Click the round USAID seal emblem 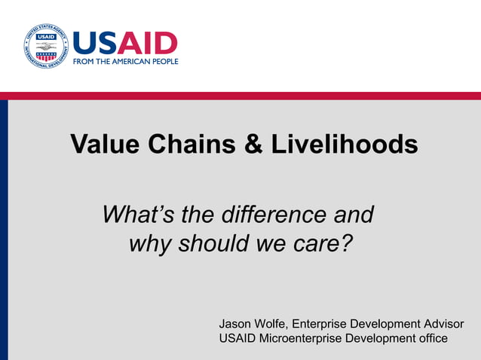coord(46,46)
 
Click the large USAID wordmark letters coord(125,42)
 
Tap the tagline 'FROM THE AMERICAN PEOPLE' coord(125,61)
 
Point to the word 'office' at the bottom coord(430,338)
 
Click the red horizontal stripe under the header coord(240,96)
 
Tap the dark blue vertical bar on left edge coord(4,226)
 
